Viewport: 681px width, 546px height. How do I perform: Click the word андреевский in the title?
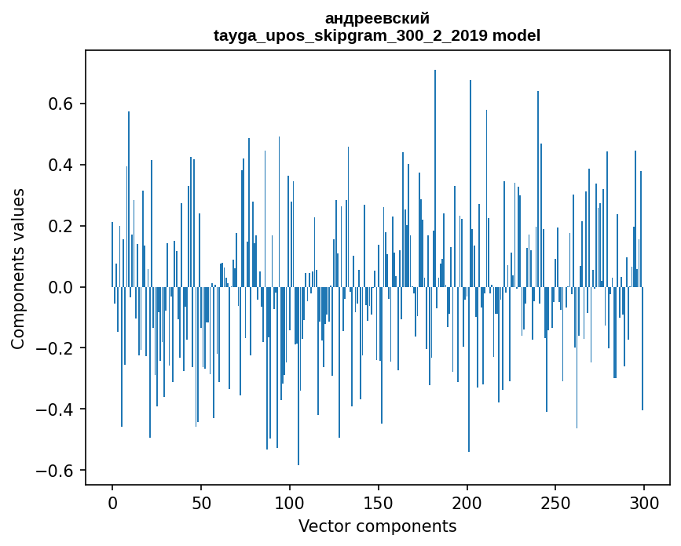point(377,18)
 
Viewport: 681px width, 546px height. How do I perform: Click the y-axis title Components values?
point(18,268)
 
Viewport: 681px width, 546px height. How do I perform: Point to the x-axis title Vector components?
point(377,526)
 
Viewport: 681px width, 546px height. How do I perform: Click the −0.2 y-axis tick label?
point(57,349)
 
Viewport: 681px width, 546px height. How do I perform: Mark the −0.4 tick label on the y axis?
point(57,410)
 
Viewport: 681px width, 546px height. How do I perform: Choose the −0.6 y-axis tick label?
point(57,471)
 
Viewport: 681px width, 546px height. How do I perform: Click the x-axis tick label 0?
point(112,501)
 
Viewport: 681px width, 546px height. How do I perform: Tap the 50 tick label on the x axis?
point(201,501)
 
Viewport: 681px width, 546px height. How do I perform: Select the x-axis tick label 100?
point(290,501)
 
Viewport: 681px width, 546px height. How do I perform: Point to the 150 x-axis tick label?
point(378,501)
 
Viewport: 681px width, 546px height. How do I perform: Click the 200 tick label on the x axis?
point(467,501)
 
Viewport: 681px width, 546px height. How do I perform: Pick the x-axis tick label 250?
point(555,501)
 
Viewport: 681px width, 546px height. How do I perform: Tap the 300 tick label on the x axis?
point(644,501)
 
